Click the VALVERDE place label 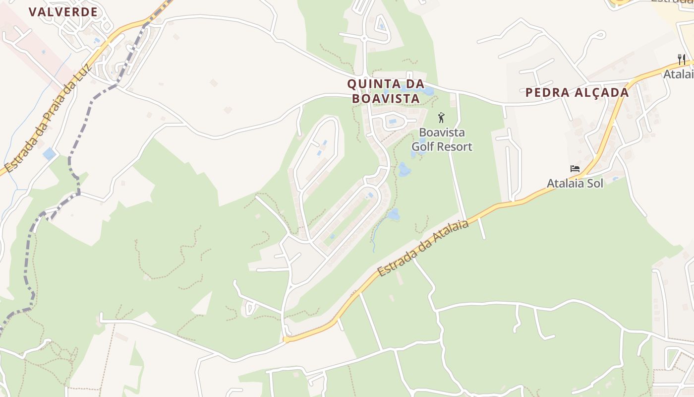click(63, 12)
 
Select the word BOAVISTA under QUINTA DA click(386, 98)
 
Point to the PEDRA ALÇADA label click(577, 92)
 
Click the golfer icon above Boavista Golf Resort click(441, 118)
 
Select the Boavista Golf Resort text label click(442, 139)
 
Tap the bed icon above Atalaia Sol click(575, 169)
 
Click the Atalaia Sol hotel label click(575, 183)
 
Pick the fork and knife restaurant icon click(682, 60)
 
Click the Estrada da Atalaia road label click(423, 249)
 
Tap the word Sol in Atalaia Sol click(594, 183)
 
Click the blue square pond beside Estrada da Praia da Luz click(49, 154)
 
